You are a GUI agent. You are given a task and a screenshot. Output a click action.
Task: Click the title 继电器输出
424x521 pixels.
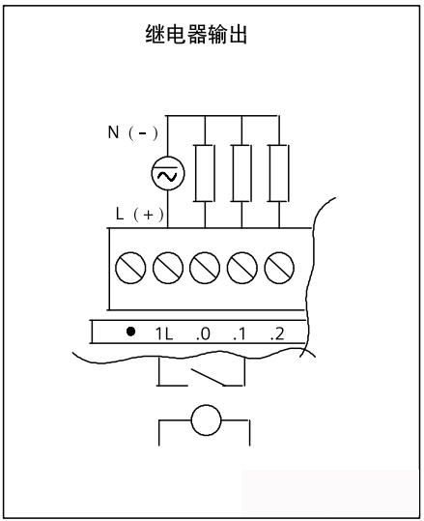coord(196,34)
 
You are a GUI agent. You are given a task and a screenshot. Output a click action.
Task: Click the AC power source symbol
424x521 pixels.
coord(168,173)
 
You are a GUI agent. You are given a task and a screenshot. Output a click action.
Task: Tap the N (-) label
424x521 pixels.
coord(132,132)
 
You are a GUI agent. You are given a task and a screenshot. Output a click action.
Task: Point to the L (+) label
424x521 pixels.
coord(139,214)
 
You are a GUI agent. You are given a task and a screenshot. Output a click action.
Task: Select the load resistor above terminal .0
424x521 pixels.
coord(205,173)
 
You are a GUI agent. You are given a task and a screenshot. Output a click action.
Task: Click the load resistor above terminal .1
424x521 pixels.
coord(241,173)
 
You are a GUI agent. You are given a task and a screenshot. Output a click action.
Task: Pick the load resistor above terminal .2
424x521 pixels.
coord(279,173)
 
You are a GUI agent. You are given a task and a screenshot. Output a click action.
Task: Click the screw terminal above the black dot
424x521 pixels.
coord(130,268)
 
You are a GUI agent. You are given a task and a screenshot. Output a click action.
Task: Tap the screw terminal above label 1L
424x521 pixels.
coord(168,268)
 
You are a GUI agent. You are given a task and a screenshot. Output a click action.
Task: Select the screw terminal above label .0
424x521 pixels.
coord(205,268)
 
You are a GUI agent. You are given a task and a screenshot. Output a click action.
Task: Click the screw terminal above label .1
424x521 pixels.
coord(242,268)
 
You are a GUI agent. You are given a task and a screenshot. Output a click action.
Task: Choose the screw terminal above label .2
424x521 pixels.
coord(279,268)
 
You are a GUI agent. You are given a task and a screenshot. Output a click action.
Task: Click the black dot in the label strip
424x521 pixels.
coord(130,332)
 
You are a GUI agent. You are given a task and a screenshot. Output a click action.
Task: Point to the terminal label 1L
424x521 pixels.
coord(164,333)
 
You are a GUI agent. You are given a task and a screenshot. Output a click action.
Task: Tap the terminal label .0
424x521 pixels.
coord(203,333)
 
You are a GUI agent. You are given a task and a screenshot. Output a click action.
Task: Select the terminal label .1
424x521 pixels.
coord(240,333)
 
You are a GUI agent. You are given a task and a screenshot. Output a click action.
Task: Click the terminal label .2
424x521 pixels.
coord(277,333)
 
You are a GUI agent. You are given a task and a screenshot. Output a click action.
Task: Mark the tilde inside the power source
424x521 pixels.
coord(167,176)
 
